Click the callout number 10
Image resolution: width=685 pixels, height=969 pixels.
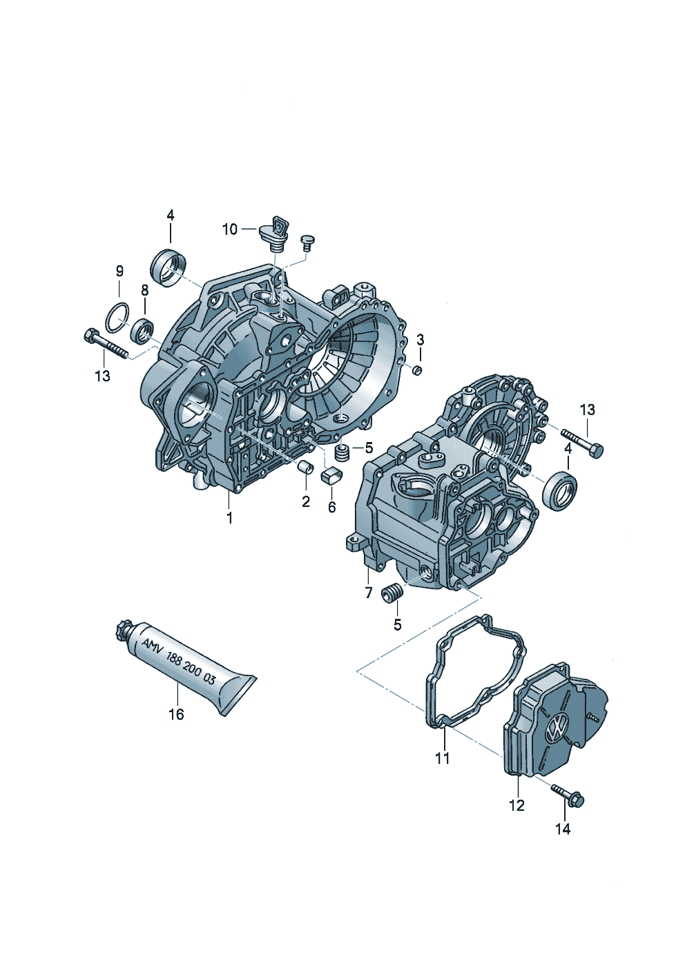(230, 229)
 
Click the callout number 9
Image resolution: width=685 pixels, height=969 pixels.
(119, 271)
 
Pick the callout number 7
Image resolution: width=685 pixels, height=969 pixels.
(369, 593)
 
